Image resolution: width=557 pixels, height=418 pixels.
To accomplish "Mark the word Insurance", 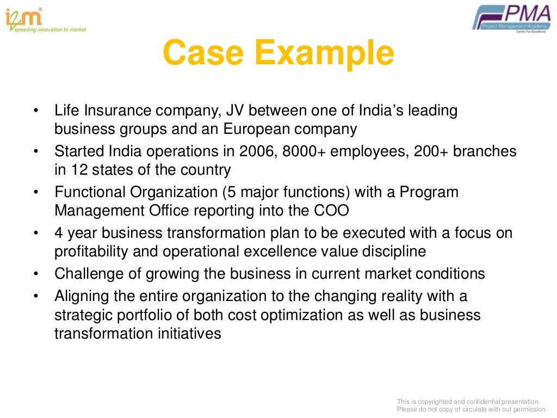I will point(120,111).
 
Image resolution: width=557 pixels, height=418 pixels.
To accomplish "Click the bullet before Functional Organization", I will point(36,192).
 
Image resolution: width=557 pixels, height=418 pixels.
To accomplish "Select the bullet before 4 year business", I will point(36,233).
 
